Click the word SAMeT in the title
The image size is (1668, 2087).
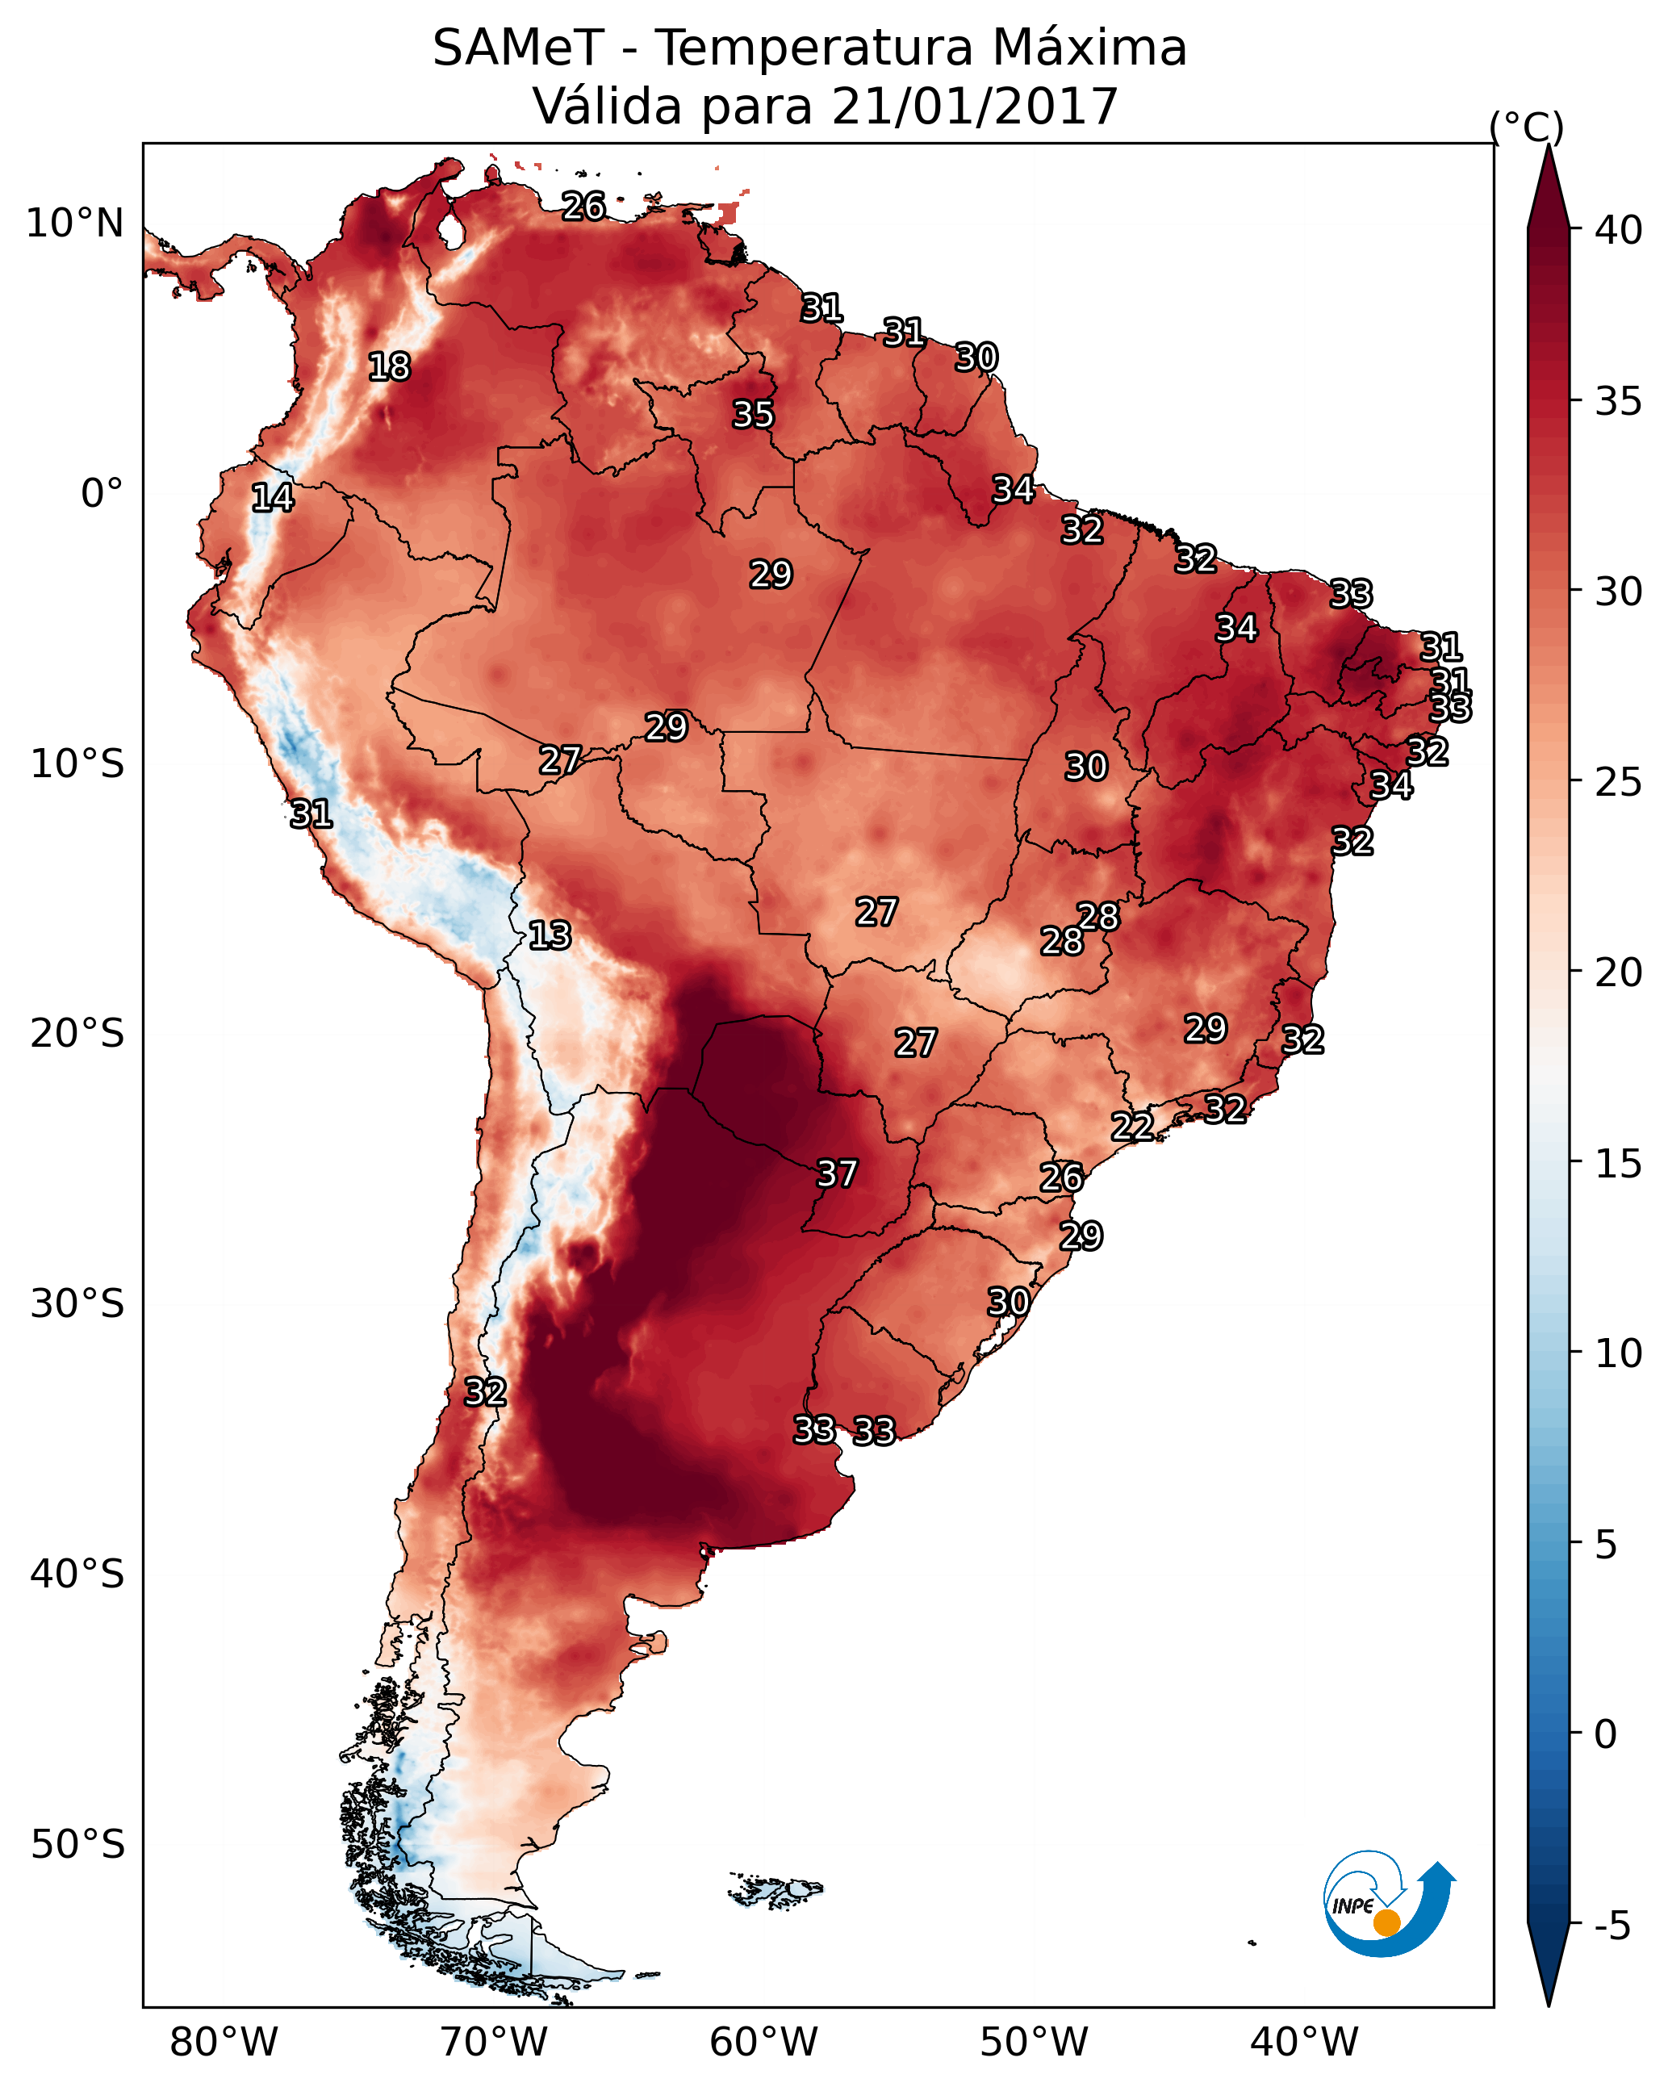pos(517,48)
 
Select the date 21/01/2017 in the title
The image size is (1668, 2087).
pos(974,107)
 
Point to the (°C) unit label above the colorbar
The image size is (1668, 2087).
pos(1526,127)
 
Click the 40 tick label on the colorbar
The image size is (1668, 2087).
pos(1618,230)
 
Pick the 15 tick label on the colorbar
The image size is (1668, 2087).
pos(1618,1165)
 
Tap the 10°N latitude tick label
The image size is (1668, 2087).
pos(74,224)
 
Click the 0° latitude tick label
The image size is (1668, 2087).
pos(102,494)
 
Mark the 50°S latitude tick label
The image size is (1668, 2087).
pos(77,1845)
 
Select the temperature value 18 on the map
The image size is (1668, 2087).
pos(389,367)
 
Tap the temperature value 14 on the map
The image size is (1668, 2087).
pos(272,498)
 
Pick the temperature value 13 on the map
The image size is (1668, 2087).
pos(550,935)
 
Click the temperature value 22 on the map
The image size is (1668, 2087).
pos(1131,1127)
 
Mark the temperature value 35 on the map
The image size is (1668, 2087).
pos(753,414)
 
